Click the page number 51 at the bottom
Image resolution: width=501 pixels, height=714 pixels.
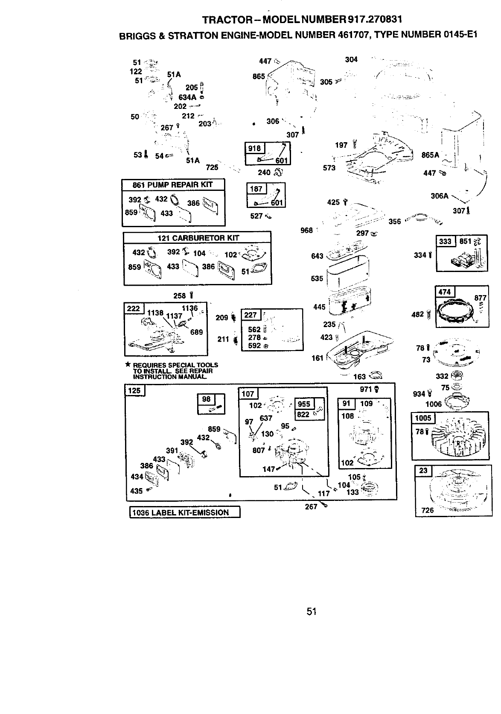click(x=312, y=612)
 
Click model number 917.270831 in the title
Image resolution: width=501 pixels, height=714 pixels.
click(x=375, y=20)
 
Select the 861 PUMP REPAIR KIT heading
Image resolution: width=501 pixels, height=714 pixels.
click(x=172, y=185)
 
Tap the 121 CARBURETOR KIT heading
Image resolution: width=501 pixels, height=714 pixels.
click(x=198, y=238)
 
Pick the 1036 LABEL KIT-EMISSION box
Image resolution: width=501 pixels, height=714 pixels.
click(x=185, y=512)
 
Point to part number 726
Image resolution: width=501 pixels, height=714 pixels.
click(x=428, y=510)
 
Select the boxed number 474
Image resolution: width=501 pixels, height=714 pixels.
click(x=445, y=292)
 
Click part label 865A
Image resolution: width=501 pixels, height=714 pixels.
click(x=430, y=155)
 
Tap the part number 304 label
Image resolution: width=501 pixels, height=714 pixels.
click(x=351, y=60)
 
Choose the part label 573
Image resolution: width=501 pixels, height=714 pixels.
click(x=329, y=168)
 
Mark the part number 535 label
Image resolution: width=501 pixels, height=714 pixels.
click(x=317, y=278)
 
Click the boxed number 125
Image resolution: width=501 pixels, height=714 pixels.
click(x=134, y=390)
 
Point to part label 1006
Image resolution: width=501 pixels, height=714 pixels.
click(x=434, y=404)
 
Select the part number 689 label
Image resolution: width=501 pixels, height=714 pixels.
click(x=196, y=332)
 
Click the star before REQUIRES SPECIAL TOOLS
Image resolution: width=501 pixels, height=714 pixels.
click(x=128, y=364)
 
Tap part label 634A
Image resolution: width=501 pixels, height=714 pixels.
click(x=187, y=97)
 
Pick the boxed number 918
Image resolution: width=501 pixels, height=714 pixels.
click(x=254, y=149)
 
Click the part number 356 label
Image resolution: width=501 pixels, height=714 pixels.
click(x=395, y=222)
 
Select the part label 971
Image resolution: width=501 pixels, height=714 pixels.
click(x=366, y=389)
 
